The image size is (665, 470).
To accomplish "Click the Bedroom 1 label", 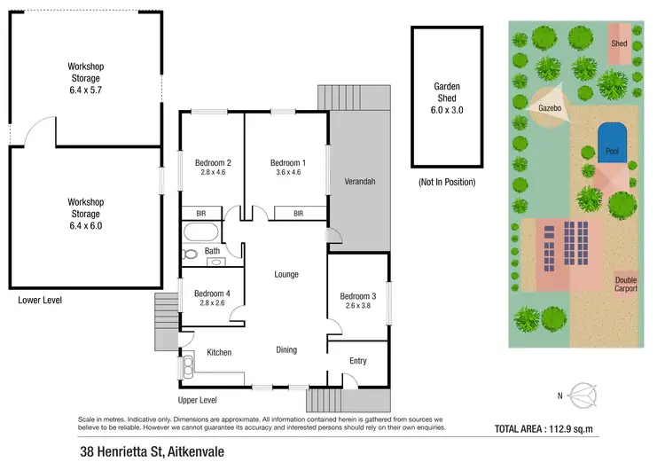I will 288,162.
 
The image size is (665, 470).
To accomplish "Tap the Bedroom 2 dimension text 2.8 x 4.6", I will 214,174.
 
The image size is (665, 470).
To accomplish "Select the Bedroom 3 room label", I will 357,295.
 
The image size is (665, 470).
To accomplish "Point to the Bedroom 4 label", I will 213,294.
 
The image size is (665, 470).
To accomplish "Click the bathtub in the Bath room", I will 201,234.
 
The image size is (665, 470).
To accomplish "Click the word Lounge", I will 286,275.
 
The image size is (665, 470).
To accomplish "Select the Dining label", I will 286,349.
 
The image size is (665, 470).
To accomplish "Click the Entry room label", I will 357,361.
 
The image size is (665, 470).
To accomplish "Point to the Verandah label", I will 360,182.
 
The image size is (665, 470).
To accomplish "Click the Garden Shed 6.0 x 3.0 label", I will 448,98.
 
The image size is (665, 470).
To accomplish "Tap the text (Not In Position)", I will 447,182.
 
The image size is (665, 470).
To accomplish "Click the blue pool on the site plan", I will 612,144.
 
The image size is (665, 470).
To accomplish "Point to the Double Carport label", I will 626,285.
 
